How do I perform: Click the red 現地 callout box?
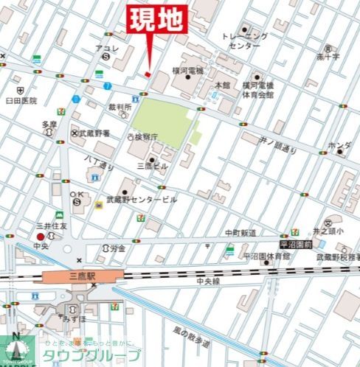[156, 19]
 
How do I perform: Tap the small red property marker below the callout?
[148, 74]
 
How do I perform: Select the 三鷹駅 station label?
[83, 277]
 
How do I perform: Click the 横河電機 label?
[187, 70]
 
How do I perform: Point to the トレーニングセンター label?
[244, 41]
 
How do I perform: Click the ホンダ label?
[339, 145]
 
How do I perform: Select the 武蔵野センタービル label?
[142, 200]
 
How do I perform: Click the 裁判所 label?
[120, 107]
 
